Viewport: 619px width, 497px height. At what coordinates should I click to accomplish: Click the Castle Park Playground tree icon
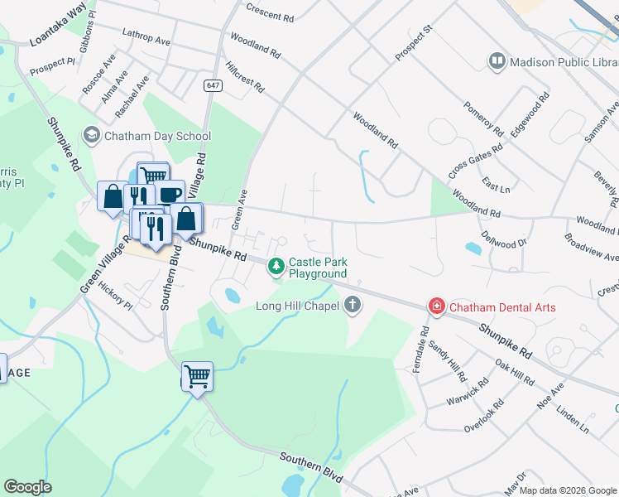tap(276, 266)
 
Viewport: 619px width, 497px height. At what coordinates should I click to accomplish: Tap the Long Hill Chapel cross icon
tap(353, 306)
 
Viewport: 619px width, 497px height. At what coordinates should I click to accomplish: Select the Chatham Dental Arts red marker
tap(435, 307)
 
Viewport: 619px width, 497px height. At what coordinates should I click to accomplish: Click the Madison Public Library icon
tap(497, 61)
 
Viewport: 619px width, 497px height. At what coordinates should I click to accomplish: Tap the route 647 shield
tap(213, 85)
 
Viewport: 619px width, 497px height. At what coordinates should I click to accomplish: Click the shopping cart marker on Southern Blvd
tap(197, 377)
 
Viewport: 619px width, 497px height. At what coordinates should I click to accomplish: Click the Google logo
tap(28, 487)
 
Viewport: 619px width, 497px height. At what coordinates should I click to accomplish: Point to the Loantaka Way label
tap(58, 24)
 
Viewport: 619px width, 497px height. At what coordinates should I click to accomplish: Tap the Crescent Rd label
tap(270, 12)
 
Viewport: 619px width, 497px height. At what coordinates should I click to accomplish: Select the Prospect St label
tap(415, 43)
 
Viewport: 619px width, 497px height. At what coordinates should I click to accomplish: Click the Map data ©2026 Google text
tap(567, 490)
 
